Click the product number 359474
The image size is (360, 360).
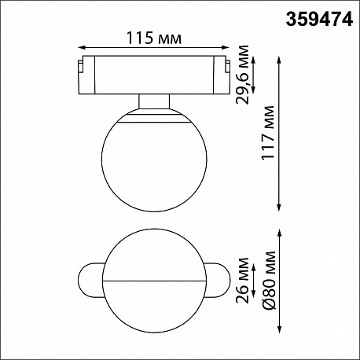click(x=319, y=20)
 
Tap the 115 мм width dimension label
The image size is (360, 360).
click(x=154, y=38)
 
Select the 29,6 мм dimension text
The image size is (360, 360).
click(x=242, y=75)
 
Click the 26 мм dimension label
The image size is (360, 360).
click(x=242, y=281)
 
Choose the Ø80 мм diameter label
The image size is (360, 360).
click(x=269, y=281)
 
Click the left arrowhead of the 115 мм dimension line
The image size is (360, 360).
click(x=82, y=47)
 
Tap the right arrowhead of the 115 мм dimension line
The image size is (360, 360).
click(x=226, y=47)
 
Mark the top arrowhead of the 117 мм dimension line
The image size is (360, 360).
click(x=279, y=60)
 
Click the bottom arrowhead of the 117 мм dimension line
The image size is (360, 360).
click(x=279, y=208)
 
